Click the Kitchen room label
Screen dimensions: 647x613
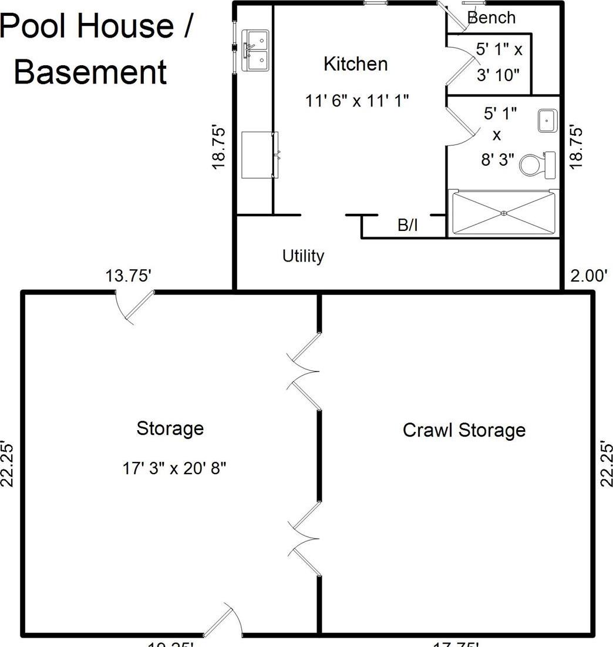point(356,63)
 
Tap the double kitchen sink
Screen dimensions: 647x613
point(255,51)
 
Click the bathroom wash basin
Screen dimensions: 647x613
point(547,121)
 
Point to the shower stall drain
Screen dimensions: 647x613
point(503,213)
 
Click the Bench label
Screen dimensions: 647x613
point(491,18)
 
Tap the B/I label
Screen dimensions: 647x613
point(407,225)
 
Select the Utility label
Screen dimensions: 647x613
point(303,256)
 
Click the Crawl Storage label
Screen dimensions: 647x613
point(464,430)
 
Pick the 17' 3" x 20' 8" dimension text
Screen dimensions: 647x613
point(174,468)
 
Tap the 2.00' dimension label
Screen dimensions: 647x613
point(588,276)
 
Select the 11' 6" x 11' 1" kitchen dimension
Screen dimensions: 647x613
point(356,100)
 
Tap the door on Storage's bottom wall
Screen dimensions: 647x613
point(223,622)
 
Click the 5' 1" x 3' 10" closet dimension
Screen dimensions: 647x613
point(499,62)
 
